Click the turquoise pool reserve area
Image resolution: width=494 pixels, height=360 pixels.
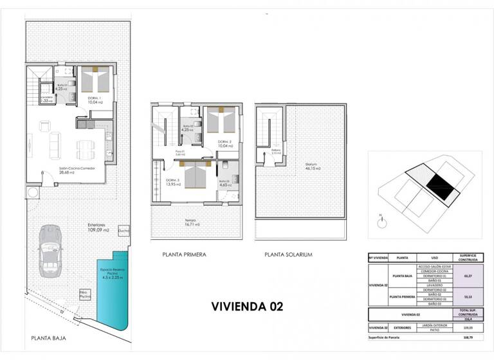point(113,285)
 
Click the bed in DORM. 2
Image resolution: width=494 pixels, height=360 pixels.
point(221,120)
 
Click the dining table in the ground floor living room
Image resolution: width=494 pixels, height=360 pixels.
point(86,148)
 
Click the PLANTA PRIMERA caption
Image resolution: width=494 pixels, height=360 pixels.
point(184,255)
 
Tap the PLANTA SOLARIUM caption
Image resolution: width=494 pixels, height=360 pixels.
point(288,255)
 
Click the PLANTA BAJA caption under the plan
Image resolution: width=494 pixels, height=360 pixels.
point(49,337)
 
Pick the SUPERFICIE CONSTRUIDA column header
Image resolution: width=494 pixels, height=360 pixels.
point(464,257)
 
